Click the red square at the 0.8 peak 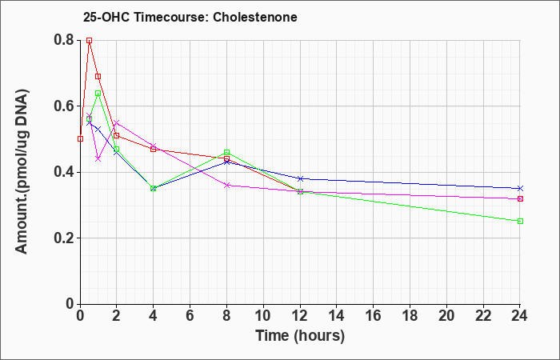coord(90,40)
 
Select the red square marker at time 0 coord(80,138)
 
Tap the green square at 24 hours coord(520,221)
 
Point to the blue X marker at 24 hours coord(520,188)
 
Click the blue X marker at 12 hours coord(300,178)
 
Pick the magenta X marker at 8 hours coord(227,185)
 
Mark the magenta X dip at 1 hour coord(98,159)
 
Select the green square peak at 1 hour coord(98,94)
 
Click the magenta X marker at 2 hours coord(117,123)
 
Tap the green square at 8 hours coord(227,152)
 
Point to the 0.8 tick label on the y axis coord(64,40)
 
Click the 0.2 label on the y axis coord(64,238)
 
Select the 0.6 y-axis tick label coord(64,106)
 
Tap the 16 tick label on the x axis coord(374,316)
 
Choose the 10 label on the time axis coord(263,316)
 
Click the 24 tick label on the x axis coord(519,316)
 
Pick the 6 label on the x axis coord(190,316)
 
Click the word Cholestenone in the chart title coord(255,17)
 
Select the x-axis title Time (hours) coord(300,336)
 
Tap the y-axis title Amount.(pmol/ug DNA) coord(22,172)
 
